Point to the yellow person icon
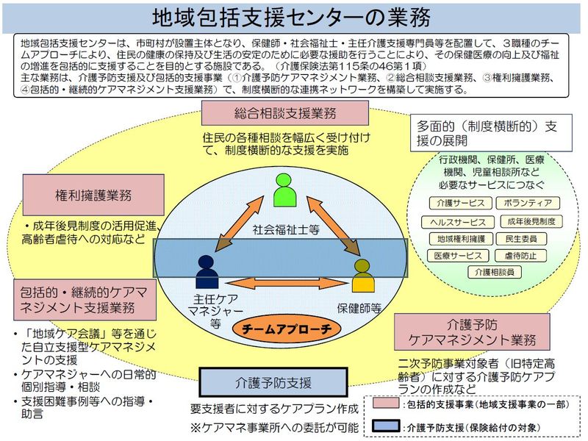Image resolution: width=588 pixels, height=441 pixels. (362, 276)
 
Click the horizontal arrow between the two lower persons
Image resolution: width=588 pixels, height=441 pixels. (283, 282)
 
